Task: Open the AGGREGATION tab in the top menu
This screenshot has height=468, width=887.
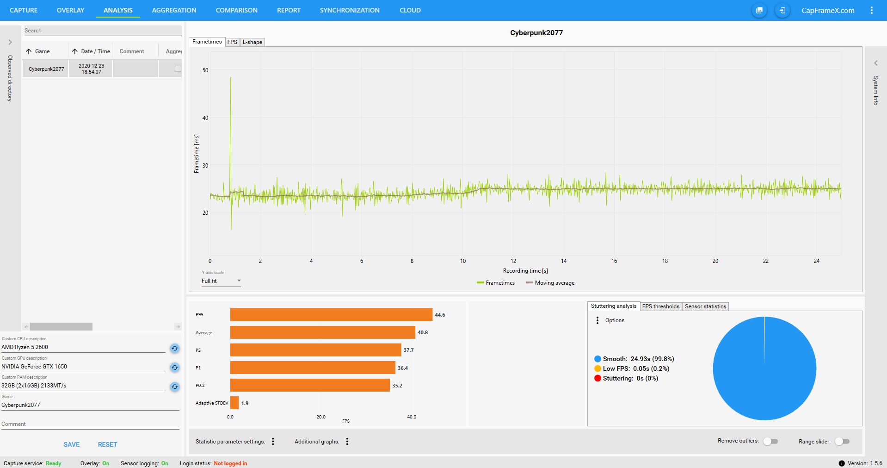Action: pos(174,10)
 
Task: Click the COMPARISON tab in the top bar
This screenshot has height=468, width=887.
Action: pos(236,10)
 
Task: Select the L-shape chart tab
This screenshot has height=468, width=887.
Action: pos(252,42)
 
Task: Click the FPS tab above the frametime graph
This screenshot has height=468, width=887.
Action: pos(232,42)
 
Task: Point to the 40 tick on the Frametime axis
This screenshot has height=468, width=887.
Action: pos(205,118)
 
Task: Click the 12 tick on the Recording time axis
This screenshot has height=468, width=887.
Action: pos(513,261)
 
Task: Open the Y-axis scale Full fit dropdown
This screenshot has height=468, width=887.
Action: pos(221,281)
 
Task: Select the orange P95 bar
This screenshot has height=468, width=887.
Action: pos(331,315)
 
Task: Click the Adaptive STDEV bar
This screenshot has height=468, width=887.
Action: pos(234,403)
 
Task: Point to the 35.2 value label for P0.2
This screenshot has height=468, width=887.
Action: pos(397,386)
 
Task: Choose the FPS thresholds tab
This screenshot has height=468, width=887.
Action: pos(660,306)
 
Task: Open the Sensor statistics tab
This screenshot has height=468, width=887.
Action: pos(705,306)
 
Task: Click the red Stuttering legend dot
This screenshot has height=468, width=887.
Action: pos(597,378)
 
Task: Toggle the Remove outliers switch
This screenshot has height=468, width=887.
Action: pos(770,441)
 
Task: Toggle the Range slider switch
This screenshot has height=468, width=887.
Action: pos(842,441)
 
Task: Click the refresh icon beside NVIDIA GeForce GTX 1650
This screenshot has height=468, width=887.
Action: pos(175,368)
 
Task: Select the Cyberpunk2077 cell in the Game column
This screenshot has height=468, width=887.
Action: pos(46,69)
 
